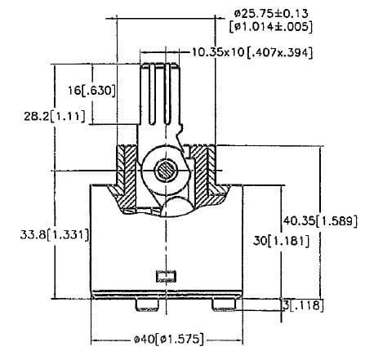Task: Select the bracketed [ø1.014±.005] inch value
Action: click(x=272, y=27)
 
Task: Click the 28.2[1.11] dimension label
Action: click(x=50, y=116)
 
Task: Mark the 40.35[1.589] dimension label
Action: click(x=316, y=220)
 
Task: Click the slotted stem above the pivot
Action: click(x=161, y=94)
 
